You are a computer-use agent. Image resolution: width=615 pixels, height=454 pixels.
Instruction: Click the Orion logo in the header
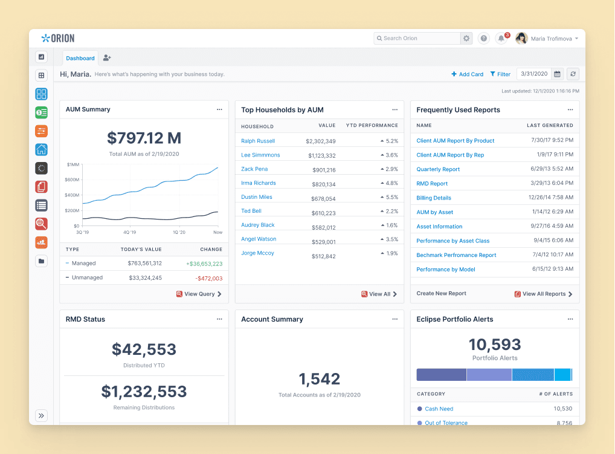click(57, 38)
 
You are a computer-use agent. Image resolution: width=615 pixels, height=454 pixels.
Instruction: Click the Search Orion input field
click(417, 38)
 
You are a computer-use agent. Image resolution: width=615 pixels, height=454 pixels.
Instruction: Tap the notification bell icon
click(501, 39)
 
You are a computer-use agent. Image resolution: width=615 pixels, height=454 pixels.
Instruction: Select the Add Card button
click(467, 74)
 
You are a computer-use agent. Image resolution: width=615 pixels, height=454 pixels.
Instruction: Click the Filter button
click(500, 74)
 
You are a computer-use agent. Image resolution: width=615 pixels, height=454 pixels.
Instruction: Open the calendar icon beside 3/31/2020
click(557, 74)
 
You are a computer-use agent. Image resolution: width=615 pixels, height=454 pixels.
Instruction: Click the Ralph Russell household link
click(258, 141)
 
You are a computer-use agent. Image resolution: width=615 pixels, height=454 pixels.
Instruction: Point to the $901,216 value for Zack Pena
click(324, 170)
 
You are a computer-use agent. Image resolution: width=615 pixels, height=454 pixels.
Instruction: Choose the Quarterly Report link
click(438, 169)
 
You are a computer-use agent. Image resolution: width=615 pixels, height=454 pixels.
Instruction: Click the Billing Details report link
click(433, 198)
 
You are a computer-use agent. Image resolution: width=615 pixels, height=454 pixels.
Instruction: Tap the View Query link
click(199, 294)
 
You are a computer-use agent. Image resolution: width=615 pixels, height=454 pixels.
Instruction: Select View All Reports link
click(543, 294)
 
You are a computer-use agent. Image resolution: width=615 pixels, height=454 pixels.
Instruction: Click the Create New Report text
click(441, 293)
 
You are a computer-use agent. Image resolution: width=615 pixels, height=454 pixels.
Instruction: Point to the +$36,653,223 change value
click(204, 264)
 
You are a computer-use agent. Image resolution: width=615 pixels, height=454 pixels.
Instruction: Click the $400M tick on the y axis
click(72, 195)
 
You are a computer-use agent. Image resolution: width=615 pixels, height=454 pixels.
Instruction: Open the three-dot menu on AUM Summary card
click(219, 109)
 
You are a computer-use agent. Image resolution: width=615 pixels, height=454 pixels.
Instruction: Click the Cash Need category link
click(439, 409)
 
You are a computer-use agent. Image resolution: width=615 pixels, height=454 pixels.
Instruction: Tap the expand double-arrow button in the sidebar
click(41, 415)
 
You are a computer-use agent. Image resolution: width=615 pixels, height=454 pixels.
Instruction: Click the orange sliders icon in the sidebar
click(41, 131)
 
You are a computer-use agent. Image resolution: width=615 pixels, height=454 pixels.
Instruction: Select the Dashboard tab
click(80, 58)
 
